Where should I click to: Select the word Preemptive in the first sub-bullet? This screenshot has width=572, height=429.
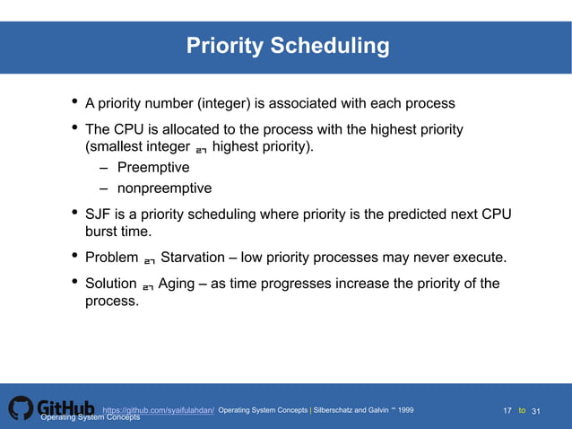click(x=153, y=168)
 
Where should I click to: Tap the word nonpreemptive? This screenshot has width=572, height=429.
click(x=164, y=188)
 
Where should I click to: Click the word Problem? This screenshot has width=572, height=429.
click(x=111, y=258)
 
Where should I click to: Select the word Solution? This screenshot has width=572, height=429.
click(x=110, y=285)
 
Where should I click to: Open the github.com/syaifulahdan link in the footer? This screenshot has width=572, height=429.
click(x=159, y=410)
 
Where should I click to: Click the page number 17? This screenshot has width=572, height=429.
click(x=507, y=411)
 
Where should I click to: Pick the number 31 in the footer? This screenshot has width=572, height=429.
click(x=537, y=411)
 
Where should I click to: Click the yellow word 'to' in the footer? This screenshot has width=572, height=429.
click(x=523, y=411)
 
